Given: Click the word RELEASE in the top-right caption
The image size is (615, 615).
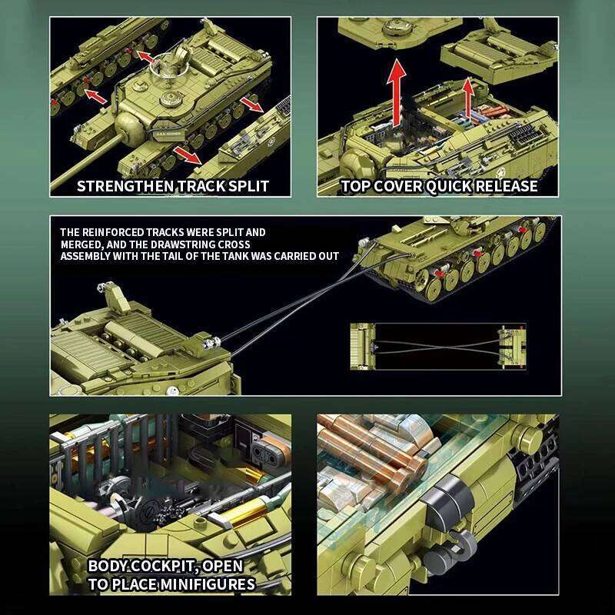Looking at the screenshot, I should pyautogui.click(x=506, y=186).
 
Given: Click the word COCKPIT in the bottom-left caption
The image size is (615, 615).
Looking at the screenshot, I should pyautogui.click(x=167, y=567).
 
